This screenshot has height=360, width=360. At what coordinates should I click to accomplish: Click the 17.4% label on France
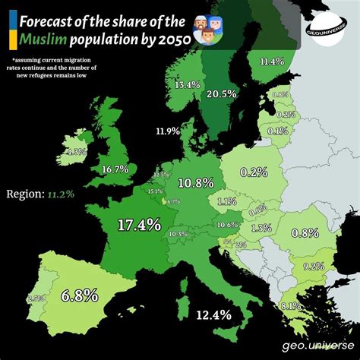pos(139,224)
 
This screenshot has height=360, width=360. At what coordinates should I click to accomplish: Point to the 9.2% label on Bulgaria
pos(313,266)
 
